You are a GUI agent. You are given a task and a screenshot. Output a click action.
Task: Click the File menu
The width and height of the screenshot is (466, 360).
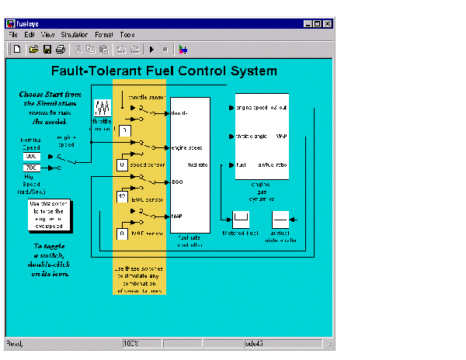pyautogui.click(x=13, y=35)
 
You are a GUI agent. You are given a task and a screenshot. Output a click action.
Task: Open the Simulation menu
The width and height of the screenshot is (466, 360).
pyautogui.click(x=75, y=35)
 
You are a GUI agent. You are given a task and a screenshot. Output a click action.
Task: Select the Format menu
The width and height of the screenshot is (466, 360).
pyautogui.click(x=104, y=35)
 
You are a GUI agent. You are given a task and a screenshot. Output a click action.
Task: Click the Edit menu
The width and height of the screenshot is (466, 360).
pyautogui.click(x=29, y=35)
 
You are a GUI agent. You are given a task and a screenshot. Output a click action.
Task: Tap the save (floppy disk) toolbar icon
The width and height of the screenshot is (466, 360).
pyautogui.click(x=47, y=50)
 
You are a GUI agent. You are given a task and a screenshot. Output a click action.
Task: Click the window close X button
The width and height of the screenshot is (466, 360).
pyautogui.click(x=328, y=23)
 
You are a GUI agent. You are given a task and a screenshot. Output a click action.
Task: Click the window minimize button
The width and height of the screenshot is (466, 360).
pyautogui.click(x=308, y=23)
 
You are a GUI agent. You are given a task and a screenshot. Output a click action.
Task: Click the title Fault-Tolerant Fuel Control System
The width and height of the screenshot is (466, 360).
pyautogui.click(x=163, y=71)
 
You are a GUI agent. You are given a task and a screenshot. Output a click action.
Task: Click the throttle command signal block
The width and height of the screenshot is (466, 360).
pyautogui.click(x=103, y=108)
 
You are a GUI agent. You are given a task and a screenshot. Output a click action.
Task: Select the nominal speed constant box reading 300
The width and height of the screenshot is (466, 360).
pyautogui.click(x=32, y=156)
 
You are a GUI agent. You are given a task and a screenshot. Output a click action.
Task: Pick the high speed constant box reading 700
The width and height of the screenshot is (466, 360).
pyautogui.click(x=32, y=168)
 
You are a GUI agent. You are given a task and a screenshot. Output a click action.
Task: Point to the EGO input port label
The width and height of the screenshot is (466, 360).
pyautogui.click(x=177, y=182)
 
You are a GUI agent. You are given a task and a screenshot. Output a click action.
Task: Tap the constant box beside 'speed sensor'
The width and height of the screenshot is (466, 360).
pyautogui.click(x=122, y=164)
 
